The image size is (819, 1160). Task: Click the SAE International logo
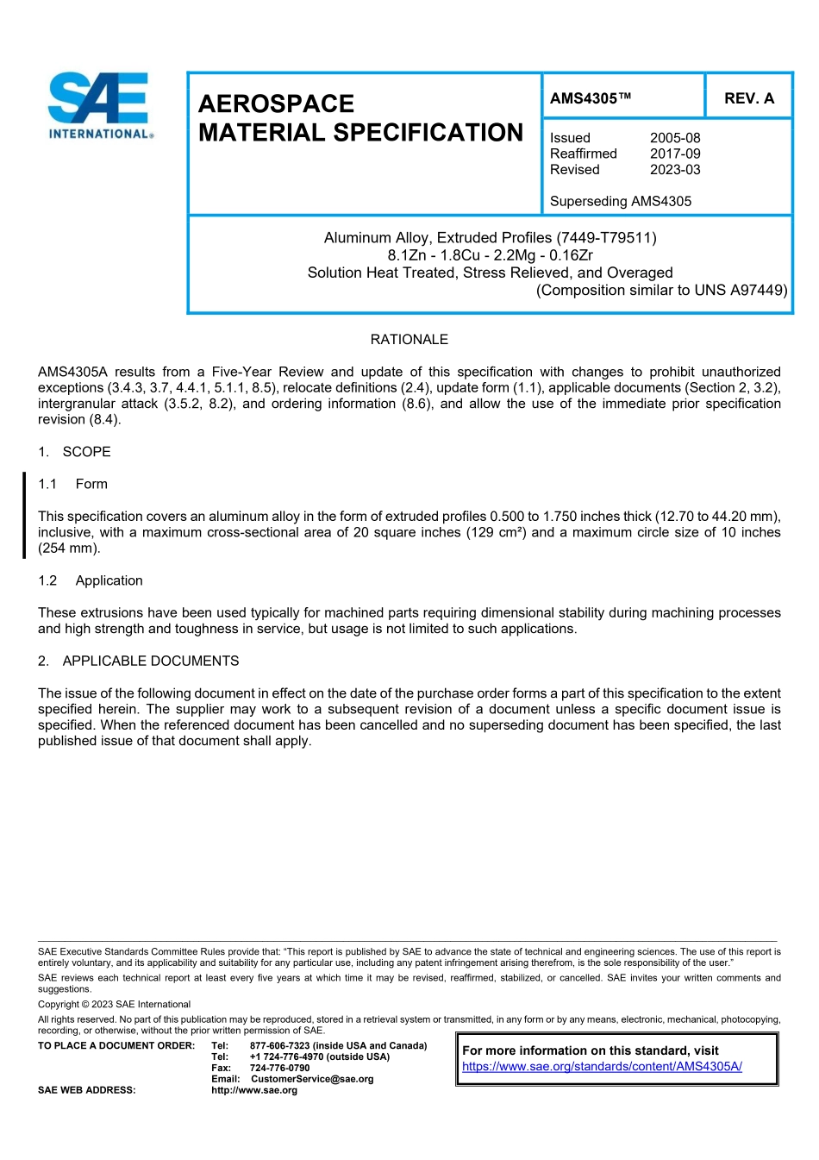pos(101,105)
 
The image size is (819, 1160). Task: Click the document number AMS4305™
pos(591,98)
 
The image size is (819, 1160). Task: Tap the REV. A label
pos(748,98)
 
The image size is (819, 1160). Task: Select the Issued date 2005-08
pos(675,138)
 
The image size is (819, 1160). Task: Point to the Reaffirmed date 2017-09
pos(675,154)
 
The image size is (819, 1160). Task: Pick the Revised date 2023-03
pos(675,170)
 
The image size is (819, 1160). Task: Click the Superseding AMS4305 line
pos(621,201)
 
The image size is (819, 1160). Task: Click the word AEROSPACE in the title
pos(276,104)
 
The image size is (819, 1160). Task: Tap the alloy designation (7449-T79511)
pos(606,237)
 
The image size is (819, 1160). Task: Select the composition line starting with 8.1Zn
pos(490,255)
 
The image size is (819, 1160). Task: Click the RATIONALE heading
pos(409,340)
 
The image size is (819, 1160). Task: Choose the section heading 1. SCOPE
pos(75,452)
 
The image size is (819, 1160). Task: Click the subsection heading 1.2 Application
pos(91,580)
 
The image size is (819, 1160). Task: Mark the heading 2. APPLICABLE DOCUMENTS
pos(139,661)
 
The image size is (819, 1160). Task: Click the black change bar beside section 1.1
pos(24,515)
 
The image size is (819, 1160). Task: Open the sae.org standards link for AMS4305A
pos(602,1066)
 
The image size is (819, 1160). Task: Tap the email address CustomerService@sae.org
pos(312,1079)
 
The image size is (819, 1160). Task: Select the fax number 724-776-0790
pos(279,1068)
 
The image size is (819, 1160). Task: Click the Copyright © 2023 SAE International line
pos(114,1004)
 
